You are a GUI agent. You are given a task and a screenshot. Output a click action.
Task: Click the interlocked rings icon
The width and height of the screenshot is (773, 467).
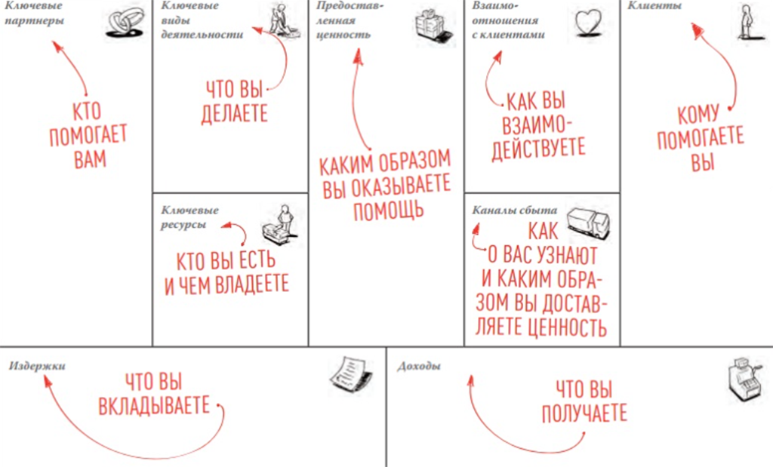125,22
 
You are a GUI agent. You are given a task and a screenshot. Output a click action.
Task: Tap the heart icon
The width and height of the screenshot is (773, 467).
589,23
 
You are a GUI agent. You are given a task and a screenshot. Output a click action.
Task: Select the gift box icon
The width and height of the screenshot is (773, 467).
433,26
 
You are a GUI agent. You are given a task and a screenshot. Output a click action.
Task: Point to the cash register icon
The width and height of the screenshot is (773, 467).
745,379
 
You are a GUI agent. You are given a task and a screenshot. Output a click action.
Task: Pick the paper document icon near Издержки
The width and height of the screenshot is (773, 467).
350,375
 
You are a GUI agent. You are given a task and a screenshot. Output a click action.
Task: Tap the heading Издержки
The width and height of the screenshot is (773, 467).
37,366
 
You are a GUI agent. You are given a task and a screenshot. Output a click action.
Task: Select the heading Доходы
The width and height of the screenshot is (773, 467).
419,366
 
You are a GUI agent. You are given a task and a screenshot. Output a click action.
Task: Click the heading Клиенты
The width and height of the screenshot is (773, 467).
654,6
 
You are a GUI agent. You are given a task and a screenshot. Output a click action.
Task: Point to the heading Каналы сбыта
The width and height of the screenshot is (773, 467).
515,210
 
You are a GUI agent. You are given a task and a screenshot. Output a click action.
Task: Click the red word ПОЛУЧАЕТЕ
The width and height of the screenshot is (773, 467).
584,413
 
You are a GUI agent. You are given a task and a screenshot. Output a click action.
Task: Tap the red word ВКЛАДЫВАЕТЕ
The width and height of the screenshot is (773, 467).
154,406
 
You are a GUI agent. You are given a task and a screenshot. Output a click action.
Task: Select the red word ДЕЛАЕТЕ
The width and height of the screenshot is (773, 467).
235,114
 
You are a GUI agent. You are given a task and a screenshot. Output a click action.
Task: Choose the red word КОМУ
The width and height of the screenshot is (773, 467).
698,115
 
